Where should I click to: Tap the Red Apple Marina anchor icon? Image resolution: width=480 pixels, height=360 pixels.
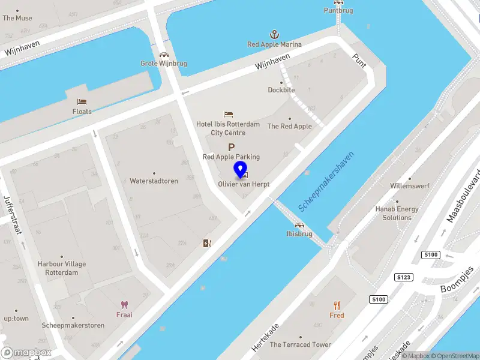(x=274, y=34)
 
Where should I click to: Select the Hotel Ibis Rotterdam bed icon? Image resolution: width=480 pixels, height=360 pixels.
(x=228, y=114)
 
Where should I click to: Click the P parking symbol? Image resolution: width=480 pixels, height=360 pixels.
(x=231, y=147)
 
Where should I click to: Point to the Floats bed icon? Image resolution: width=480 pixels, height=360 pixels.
(x=82, y=102)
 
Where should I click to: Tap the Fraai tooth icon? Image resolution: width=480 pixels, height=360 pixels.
(x=125, y=305)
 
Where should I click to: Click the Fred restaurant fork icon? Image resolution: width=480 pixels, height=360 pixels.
(x=337, y=305)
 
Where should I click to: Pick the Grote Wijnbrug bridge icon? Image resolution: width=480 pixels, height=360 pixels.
(x=164, y=55)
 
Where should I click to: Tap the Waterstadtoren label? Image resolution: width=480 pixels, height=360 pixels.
(x=154, y=181)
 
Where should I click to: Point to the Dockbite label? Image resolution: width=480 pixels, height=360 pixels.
(x=281, y=90)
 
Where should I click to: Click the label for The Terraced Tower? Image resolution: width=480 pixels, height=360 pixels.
(x=300, y=344)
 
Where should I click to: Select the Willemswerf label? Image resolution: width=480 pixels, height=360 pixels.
(x=410, y=186)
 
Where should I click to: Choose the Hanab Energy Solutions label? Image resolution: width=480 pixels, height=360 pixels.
(x=397, y=213)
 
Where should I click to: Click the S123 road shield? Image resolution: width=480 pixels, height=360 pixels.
(x=403, y=277)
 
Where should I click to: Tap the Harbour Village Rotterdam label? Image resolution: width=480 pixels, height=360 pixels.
(x=62, y=268)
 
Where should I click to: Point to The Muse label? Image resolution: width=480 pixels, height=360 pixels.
(x=17, y=18)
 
